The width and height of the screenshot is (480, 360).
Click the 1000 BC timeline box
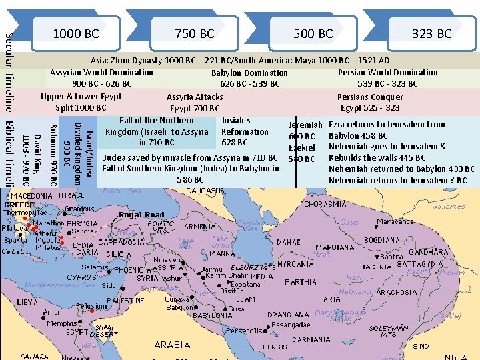75,33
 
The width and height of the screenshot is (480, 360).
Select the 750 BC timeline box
194,33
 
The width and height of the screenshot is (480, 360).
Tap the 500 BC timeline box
313,33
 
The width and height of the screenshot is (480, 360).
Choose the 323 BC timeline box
431,33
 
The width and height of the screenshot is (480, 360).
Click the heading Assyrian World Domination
101,72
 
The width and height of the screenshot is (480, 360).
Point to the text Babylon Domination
249,73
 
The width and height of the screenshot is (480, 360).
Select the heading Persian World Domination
387,72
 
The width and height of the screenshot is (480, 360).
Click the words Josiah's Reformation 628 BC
244,131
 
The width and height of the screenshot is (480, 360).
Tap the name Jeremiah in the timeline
305,125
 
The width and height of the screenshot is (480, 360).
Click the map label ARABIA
172,345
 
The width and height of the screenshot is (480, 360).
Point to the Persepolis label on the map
243,330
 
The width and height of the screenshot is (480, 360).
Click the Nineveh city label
167,259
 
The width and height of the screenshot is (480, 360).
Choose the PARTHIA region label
300,282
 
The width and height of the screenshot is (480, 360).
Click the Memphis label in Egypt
61,323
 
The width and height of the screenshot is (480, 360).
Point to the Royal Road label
141,215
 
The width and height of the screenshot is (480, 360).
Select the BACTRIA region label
375,267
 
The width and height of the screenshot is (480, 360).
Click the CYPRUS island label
81,277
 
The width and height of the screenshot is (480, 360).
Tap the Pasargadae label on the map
291,325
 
